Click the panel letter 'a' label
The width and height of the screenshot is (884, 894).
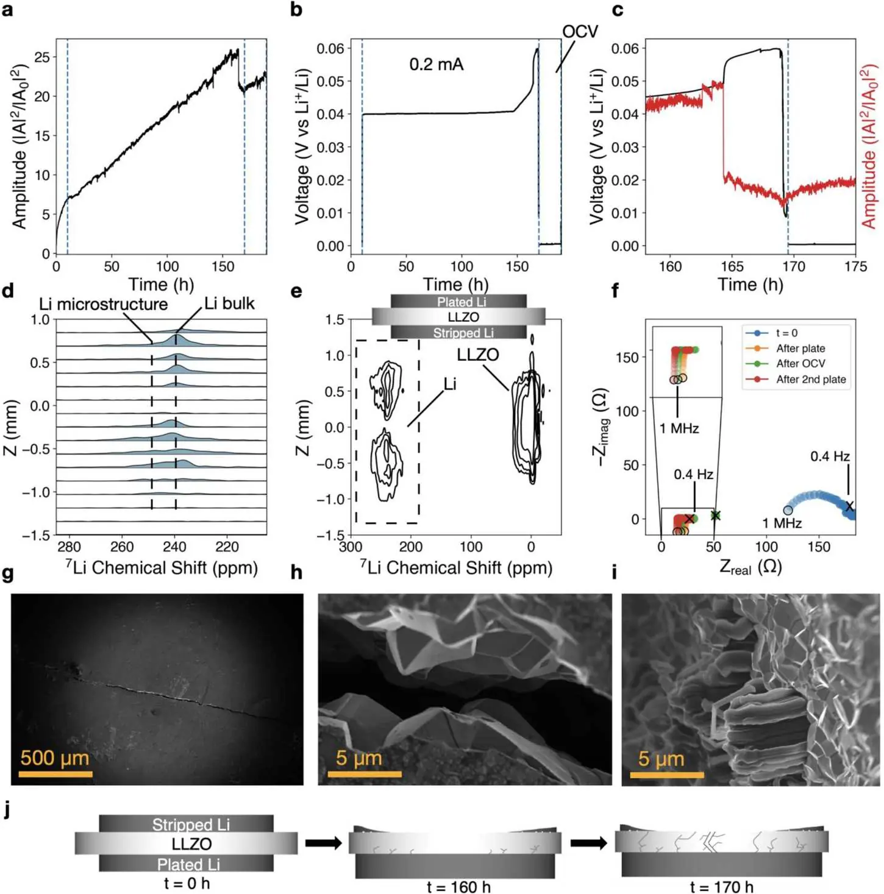[x=8, y=10]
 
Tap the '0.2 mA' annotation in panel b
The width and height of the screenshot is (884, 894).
[x=437, y=64]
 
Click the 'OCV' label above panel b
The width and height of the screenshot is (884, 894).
[x=580, y=32]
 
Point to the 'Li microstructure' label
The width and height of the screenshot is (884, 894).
[x=104, y=304]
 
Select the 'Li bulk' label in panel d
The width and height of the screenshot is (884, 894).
[x=229, y=303]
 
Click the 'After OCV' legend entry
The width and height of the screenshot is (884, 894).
[x=800, y=363]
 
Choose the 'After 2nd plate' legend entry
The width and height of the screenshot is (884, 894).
[x=811, y=379]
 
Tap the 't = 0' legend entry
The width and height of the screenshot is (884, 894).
[x=786, y=333]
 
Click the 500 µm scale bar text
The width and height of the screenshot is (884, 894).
[x=55, y=757]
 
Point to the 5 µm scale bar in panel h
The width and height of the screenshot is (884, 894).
[x=365, y=774]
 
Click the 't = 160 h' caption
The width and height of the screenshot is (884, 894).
[x=458, y=887]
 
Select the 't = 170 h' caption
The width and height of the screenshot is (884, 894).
[x=721, y=887]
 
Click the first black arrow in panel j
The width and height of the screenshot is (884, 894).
[x=324, y=842]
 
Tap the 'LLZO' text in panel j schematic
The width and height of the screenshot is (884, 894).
[x=191, y=843]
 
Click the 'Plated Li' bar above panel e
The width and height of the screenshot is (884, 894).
[x=458, y=302]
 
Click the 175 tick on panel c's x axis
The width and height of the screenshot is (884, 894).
[x=856, y=266]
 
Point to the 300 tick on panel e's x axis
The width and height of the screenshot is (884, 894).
[x=351, y=547]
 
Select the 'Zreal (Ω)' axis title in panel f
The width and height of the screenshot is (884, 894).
[x=750, y=567]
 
